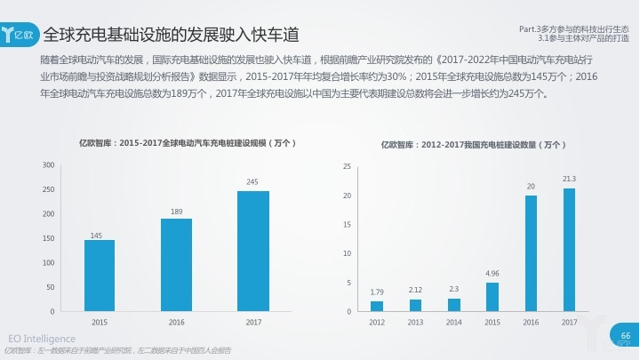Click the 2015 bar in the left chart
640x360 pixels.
[x=100, y=276]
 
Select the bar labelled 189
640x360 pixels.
[x=176, y=265]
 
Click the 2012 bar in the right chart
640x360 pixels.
[x=377, y=307]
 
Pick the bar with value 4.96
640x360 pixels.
[x=492, y=297]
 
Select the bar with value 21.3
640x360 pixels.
[x=569, y=250]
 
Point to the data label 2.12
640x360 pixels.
[x=416, y=291]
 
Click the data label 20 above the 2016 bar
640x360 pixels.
[x=531, y=187]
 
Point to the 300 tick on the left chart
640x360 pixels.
[x=48, y=165]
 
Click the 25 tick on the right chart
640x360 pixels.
[x=348, y=166]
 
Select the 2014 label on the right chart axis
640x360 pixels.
[x=454, y=322]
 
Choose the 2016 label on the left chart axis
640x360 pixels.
[x=176, y=322]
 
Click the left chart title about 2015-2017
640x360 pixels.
[x=187, y=142]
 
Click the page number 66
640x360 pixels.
[x=625, y=336]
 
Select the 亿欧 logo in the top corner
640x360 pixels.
[x=20, y=35]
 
